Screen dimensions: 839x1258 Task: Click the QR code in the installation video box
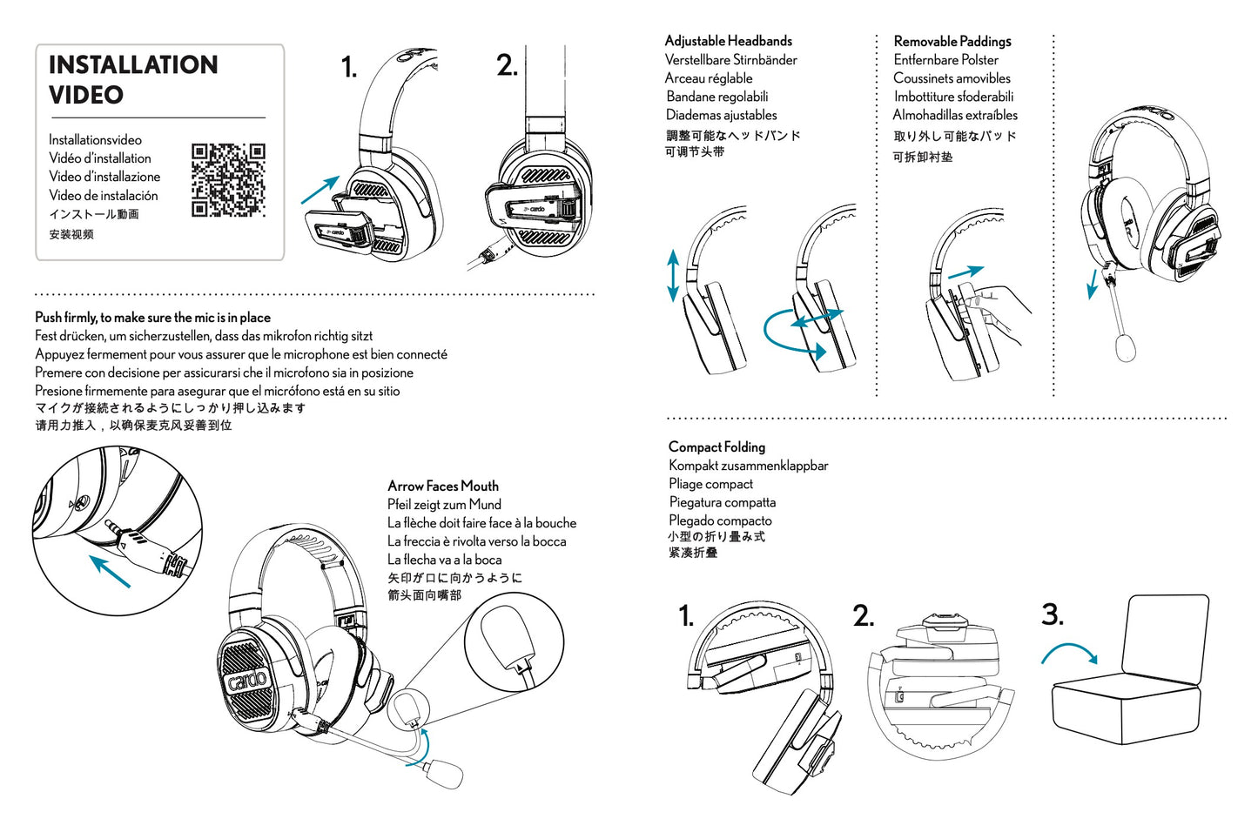pos(228,180)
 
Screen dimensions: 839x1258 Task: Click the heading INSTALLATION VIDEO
pos(133,79)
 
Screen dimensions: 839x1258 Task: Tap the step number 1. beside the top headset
pos(348,68)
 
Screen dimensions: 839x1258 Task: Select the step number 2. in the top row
pos(507,65)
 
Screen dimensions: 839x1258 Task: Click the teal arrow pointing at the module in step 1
pos(320,190)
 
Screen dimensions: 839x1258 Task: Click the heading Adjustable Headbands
pos(728,41)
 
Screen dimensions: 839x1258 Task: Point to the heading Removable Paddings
pos(952,41)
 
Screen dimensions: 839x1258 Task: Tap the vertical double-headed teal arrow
pos(672,276)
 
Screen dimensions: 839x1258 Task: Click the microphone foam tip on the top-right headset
pos(1126,346)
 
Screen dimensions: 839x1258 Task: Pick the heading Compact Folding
pos(716,446)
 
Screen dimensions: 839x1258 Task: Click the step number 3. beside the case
pos(1052,614)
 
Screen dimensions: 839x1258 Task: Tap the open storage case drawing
pos(1132,675)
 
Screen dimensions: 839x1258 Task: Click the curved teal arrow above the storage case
pos(1070,652)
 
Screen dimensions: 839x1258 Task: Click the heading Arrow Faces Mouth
pos(443,486)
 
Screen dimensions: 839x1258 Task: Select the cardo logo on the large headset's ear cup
pos(247,670)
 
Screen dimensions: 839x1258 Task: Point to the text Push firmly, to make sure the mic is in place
pos(152,318)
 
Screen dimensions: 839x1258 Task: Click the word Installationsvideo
pos(95,140)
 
